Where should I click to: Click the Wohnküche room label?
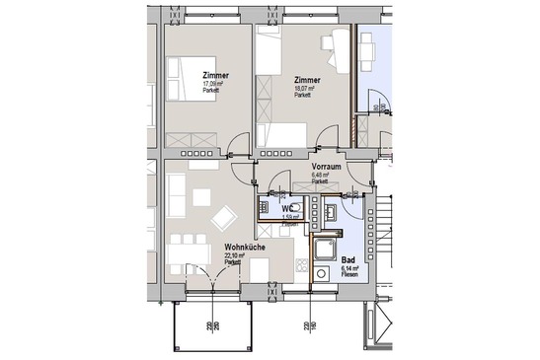coord(243,248)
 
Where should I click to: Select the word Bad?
coord(347,259)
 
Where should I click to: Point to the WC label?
coord(287,209)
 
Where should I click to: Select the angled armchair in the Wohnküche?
coord(224,217)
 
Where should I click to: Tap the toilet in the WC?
coord(266,208)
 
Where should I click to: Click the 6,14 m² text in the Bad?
coord(347,268)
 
